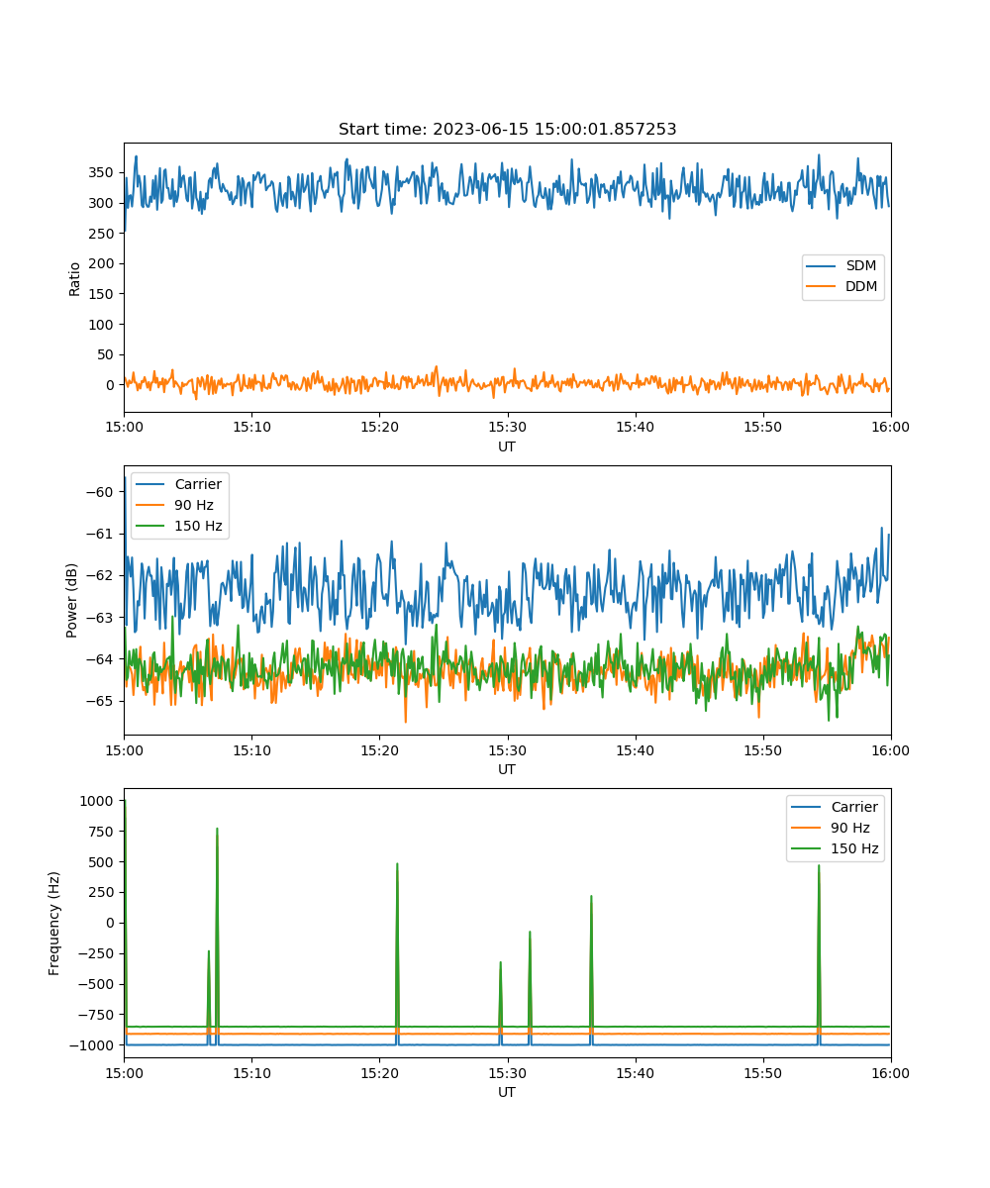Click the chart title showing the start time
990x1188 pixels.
(x=507, y=129)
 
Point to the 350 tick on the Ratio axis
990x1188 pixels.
(x=101, y=172)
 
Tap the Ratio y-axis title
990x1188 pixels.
(x=74, y=279)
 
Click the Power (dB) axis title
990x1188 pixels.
(x=71, y=600)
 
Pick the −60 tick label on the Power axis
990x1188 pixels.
(x=100, y=492)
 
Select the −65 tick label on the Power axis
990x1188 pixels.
(x=100, y=701)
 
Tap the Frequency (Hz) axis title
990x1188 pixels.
(x=53, y=924)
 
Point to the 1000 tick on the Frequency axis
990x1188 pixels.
(x=96, y=801)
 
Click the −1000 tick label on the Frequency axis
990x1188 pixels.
(x=92, y=1045)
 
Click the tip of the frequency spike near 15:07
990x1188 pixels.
(x=217, y=829)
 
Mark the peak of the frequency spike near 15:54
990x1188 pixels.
(x=819, y=865)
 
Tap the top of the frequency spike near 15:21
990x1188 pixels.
(x=397, y=863)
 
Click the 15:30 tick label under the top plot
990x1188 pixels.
(x=507, y=428)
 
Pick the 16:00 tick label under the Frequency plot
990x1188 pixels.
(x=890, y=1073)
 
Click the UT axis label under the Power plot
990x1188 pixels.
(x=506, y=770)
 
